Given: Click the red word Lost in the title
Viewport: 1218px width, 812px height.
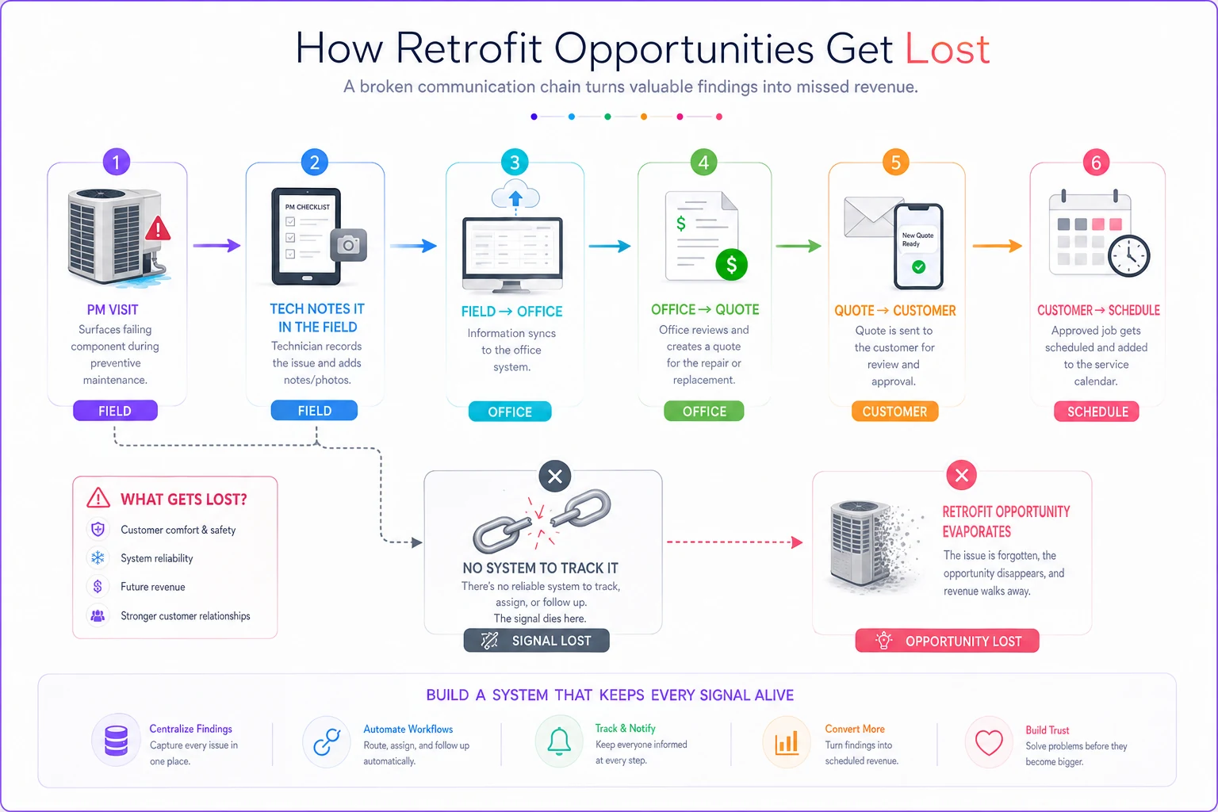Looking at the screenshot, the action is click(x=947, y=49).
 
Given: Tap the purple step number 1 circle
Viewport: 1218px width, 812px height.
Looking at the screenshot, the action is click(x=116, y=162).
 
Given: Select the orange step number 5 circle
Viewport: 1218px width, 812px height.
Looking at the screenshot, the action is click(x=895, y=162).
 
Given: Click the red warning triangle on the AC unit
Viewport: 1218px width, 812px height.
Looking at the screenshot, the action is click(x=159, y=228).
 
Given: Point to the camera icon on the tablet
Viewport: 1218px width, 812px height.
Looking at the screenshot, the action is click(x=349, y=245).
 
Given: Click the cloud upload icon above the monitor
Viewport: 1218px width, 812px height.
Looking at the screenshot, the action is click(x=515, y=196).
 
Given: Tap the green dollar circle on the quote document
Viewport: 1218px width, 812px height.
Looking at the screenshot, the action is click(x=731, y=265).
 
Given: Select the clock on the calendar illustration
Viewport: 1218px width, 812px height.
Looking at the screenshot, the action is click(x=1129, y=256).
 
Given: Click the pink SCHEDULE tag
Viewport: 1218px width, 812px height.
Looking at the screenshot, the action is click(x=1096, y=412).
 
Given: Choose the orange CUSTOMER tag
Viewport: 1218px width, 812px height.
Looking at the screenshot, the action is click(x=895, y=412).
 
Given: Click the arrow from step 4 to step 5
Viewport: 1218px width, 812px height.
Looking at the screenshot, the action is click(x=799, y=247).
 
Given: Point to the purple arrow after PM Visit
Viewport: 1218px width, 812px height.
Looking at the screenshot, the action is click(x=216, y=246).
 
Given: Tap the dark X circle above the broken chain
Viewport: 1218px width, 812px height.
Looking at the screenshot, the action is click(x=554, y=477).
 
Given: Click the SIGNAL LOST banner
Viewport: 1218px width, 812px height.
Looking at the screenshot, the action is click(x=536, y=641).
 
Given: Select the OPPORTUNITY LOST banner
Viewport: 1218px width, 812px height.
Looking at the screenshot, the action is click(x=948, y=642).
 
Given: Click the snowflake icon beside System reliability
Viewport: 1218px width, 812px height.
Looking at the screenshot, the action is click(x=98, y=558).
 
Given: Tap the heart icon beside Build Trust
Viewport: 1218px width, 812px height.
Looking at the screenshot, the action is click(x=989, y=743).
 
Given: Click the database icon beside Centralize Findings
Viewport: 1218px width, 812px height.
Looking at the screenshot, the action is click(x=116, y=741).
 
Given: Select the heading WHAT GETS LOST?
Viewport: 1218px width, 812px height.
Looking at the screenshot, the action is click(x=184, y=500).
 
